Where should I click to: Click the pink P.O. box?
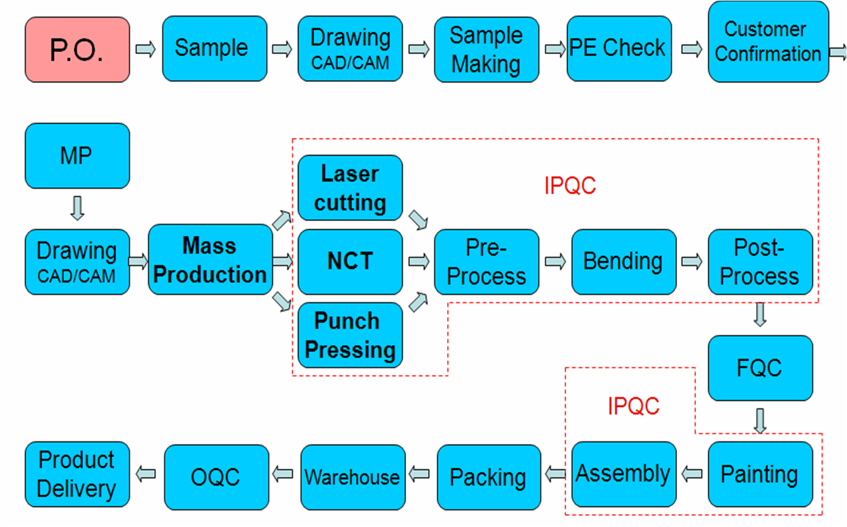78,49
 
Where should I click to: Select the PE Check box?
619,48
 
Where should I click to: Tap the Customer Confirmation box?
769,42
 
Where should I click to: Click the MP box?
78,156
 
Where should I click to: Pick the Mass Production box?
210,259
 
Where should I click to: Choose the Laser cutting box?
350,187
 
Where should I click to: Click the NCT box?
350,262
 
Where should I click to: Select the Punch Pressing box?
350,335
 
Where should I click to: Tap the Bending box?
624,262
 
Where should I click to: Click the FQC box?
761,368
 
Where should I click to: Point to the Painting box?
761,474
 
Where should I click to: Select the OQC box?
217,477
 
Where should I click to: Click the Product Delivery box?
78,474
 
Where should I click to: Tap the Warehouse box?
353,477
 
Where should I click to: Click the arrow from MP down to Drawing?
78,208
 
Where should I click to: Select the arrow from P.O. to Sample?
146,49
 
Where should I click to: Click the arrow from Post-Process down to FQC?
760,315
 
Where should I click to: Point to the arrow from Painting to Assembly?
692,474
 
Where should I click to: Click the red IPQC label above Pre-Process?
570,186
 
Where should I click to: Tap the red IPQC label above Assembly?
633,406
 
